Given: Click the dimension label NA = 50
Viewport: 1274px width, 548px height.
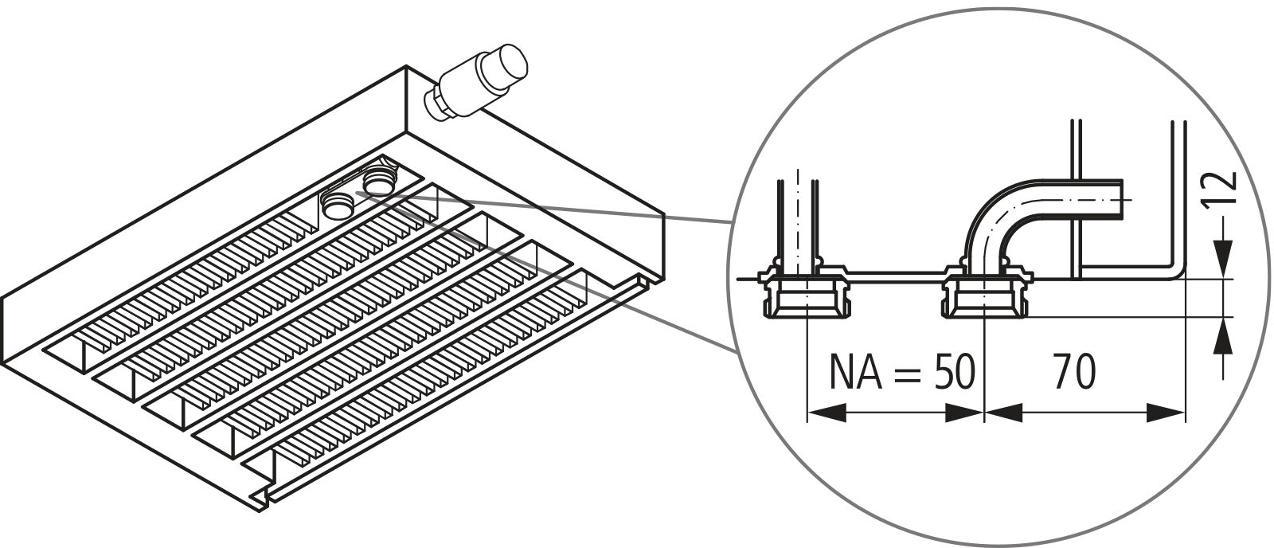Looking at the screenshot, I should (x=901, y=372).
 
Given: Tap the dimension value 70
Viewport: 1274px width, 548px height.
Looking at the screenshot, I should (x=1074, y=372).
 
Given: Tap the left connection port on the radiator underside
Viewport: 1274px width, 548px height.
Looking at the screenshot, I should (x=337, y=205).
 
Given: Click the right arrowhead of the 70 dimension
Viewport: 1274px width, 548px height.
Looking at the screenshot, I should (x=1167, y=413).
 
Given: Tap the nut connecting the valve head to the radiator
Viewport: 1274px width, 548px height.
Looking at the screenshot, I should (x=436, y=102).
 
